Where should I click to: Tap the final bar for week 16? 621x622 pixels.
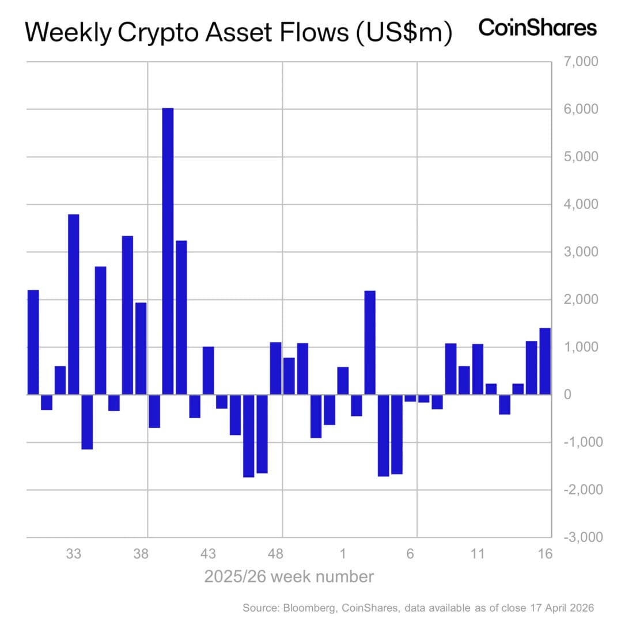tap(545, 361)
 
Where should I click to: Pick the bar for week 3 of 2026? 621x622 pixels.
tap(370, 343)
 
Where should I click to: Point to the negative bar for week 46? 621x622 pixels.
tap(249, 435)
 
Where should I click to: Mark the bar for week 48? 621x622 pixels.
tap(276, 368)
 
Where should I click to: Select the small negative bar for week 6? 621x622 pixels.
tap(410, 398)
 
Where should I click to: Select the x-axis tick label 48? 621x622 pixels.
tap(276, 554)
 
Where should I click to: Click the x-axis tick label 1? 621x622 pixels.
tap(343, 554)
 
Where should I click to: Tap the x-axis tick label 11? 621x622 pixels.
tap(478, 554)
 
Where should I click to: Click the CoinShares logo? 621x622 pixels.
tap(537, 27)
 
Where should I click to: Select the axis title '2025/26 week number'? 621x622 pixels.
tap(289, 576)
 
